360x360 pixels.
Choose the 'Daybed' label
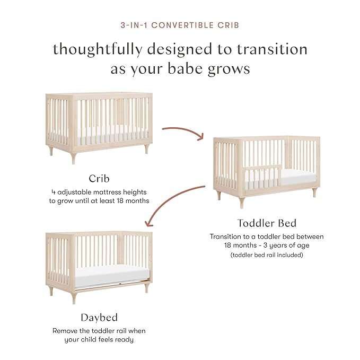click(99, 318)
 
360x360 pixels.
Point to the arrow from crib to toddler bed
click(183, 131)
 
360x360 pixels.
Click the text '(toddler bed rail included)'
click(266, 254)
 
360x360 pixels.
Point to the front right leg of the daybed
click(147, 287)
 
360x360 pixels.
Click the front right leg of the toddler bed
click(314, 192)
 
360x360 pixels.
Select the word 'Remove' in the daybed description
click(66, 331)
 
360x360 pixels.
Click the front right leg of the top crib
click(147, 148)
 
